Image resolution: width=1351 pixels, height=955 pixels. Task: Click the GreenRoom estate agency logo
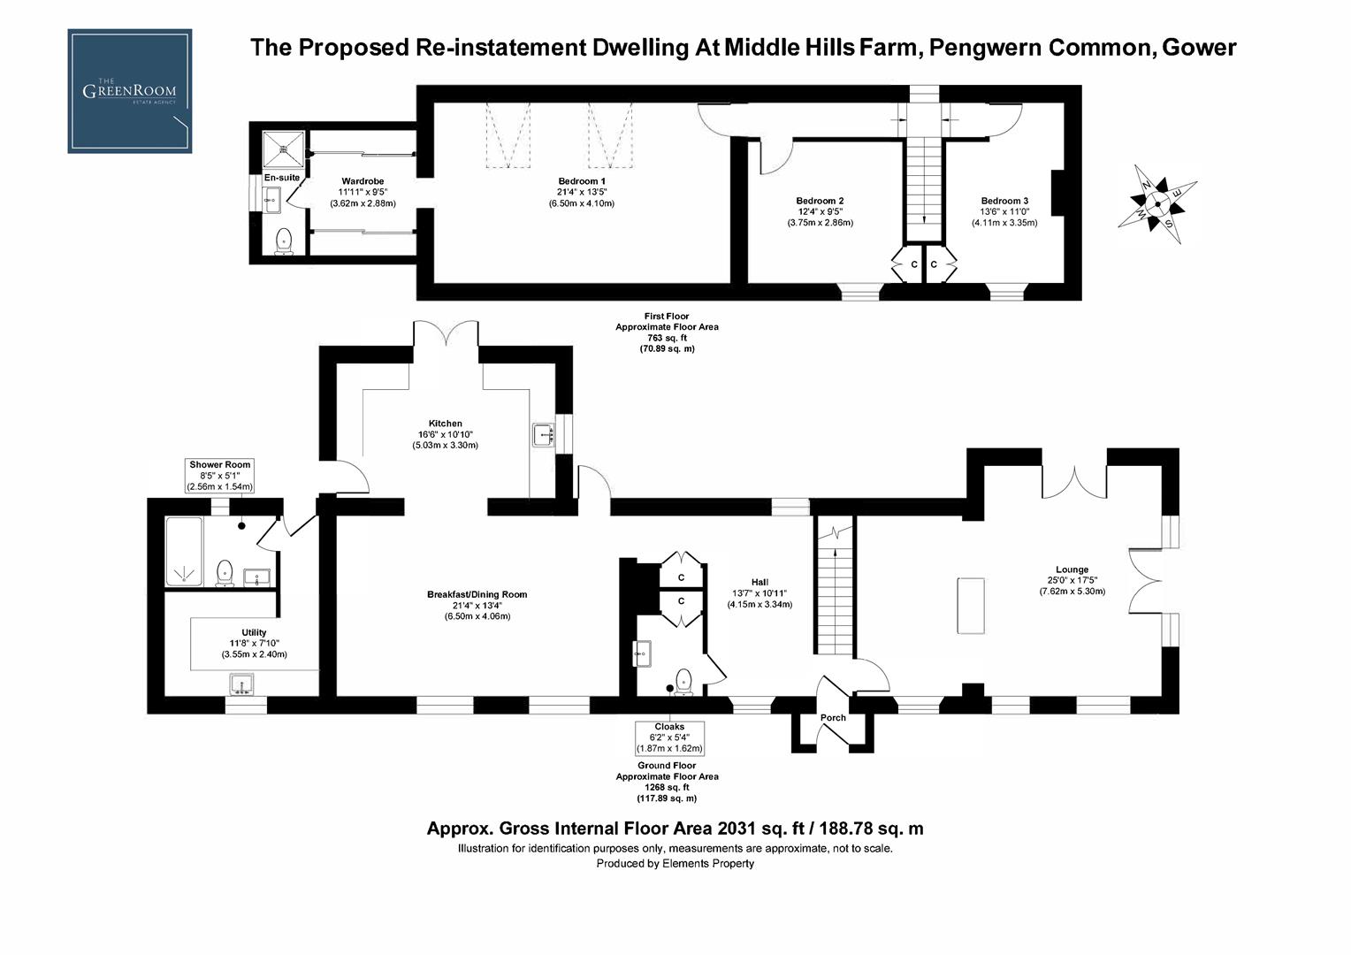(x=129, y=91)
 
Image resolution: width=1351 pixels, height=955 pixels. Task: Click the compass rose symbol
(x=1157, y=203)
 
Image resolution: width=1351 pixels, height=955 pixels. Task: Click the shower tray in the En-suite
(x=284, y=149)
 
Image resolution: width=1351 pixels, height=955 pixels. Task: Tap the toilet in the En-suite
(x=284, y=240)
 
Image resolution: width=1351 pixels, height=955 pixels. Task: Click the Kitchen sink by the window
(x=543, y=435)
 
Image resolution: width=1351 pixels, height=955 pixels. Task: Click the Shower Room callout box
(x=219, y=476)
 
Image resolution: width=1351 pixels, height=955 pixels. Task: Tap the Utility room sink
(x=241, y=684)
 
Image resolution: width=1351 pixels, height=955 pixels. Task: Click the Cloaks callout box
(x=669, y=737)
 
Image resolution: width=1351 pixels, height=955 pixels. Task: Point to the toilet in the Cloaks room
(x=683, y=680)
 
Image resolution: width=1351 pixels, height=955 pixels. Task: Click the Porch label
(x=833, y=718)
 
